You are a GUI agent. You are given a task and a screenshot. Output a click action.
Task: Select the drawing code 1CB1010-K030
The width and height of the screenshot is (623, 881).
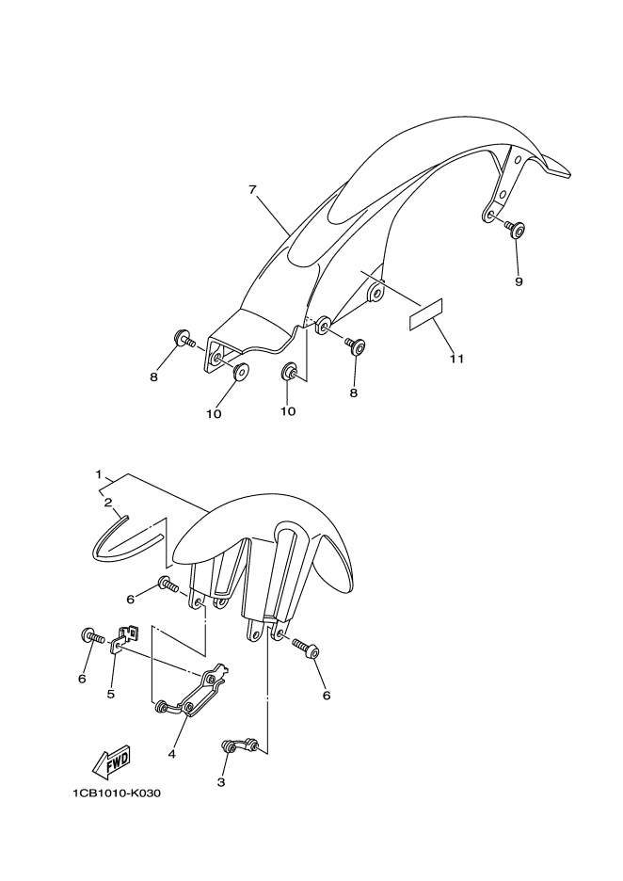pyautogui.click(x=117, y=793)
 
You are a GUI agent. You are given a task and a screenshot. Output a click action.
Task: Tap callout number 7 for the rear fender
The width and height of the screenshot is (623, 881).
pyautogui.click(x=253, y=190)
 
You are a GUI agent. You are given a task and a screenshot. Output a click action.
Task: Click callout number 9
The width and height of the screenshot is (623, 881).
pyautogui.click(x=519, y=281)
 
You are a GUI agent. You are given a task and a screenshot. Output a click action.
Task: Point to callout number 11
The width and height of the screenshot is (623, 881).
pyautogui.click(x=456, y=358)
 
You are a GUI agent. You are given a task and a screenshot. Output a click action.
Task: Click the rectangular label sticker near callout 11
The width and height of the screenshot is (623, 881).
pyautogui.click(x=425, y=313)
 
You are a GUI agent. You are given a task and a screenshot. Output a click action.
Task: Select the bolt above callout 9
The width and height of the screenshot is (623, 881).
pyautogui.click(x=515, y=229)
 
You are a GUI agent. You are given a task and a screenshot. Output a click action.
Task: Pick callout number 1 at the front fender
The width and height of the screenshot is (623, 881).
pyautogui.click(x=98, y=474)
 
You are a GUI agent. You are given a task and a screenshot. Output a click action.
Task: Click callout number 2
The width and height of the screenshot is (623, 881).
pyautogui.click(x=107, y=502)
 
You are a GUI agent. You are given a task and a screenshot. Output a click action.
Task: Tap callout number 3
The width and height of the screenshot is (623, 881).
pyautogui.click(x=221, y=781)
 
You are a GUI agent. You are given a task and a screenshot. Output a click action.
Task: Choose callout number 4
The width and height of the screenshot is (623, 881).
pyautogui.click(x=171, y=754)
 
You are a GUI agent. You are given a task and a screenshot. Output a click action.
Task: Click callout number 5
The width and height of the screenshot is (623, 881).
pyautogui.click(x=111, y=694)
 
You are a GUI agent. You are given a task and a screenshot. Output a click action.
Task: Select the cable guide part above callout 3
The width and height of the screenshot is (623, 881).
pyautogui.click(x=240, y=746)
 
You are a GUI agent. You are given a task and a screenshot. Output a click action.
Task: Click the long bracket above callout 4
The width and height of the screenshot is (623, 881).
pyautogui.click(x=193, y=692)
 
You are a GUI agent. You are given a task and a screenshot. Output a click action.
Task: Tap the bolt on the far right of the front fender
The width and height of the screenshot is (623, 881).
pyautogui.click(x=306, y=647)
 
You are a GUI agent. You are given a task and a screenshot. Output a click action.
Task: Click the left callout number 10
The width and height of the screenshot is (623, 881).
pyautogui.click(x=214, y=414)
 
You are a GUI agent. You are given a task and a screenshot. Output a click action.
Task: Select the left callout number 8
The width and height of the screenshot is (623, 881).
pyautogui.click(x=153, y=377)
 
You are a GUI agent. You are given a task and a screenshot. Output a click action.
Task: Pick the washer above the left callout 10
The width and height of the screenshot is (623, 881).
pyautogui.click(x=241, y=372)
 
